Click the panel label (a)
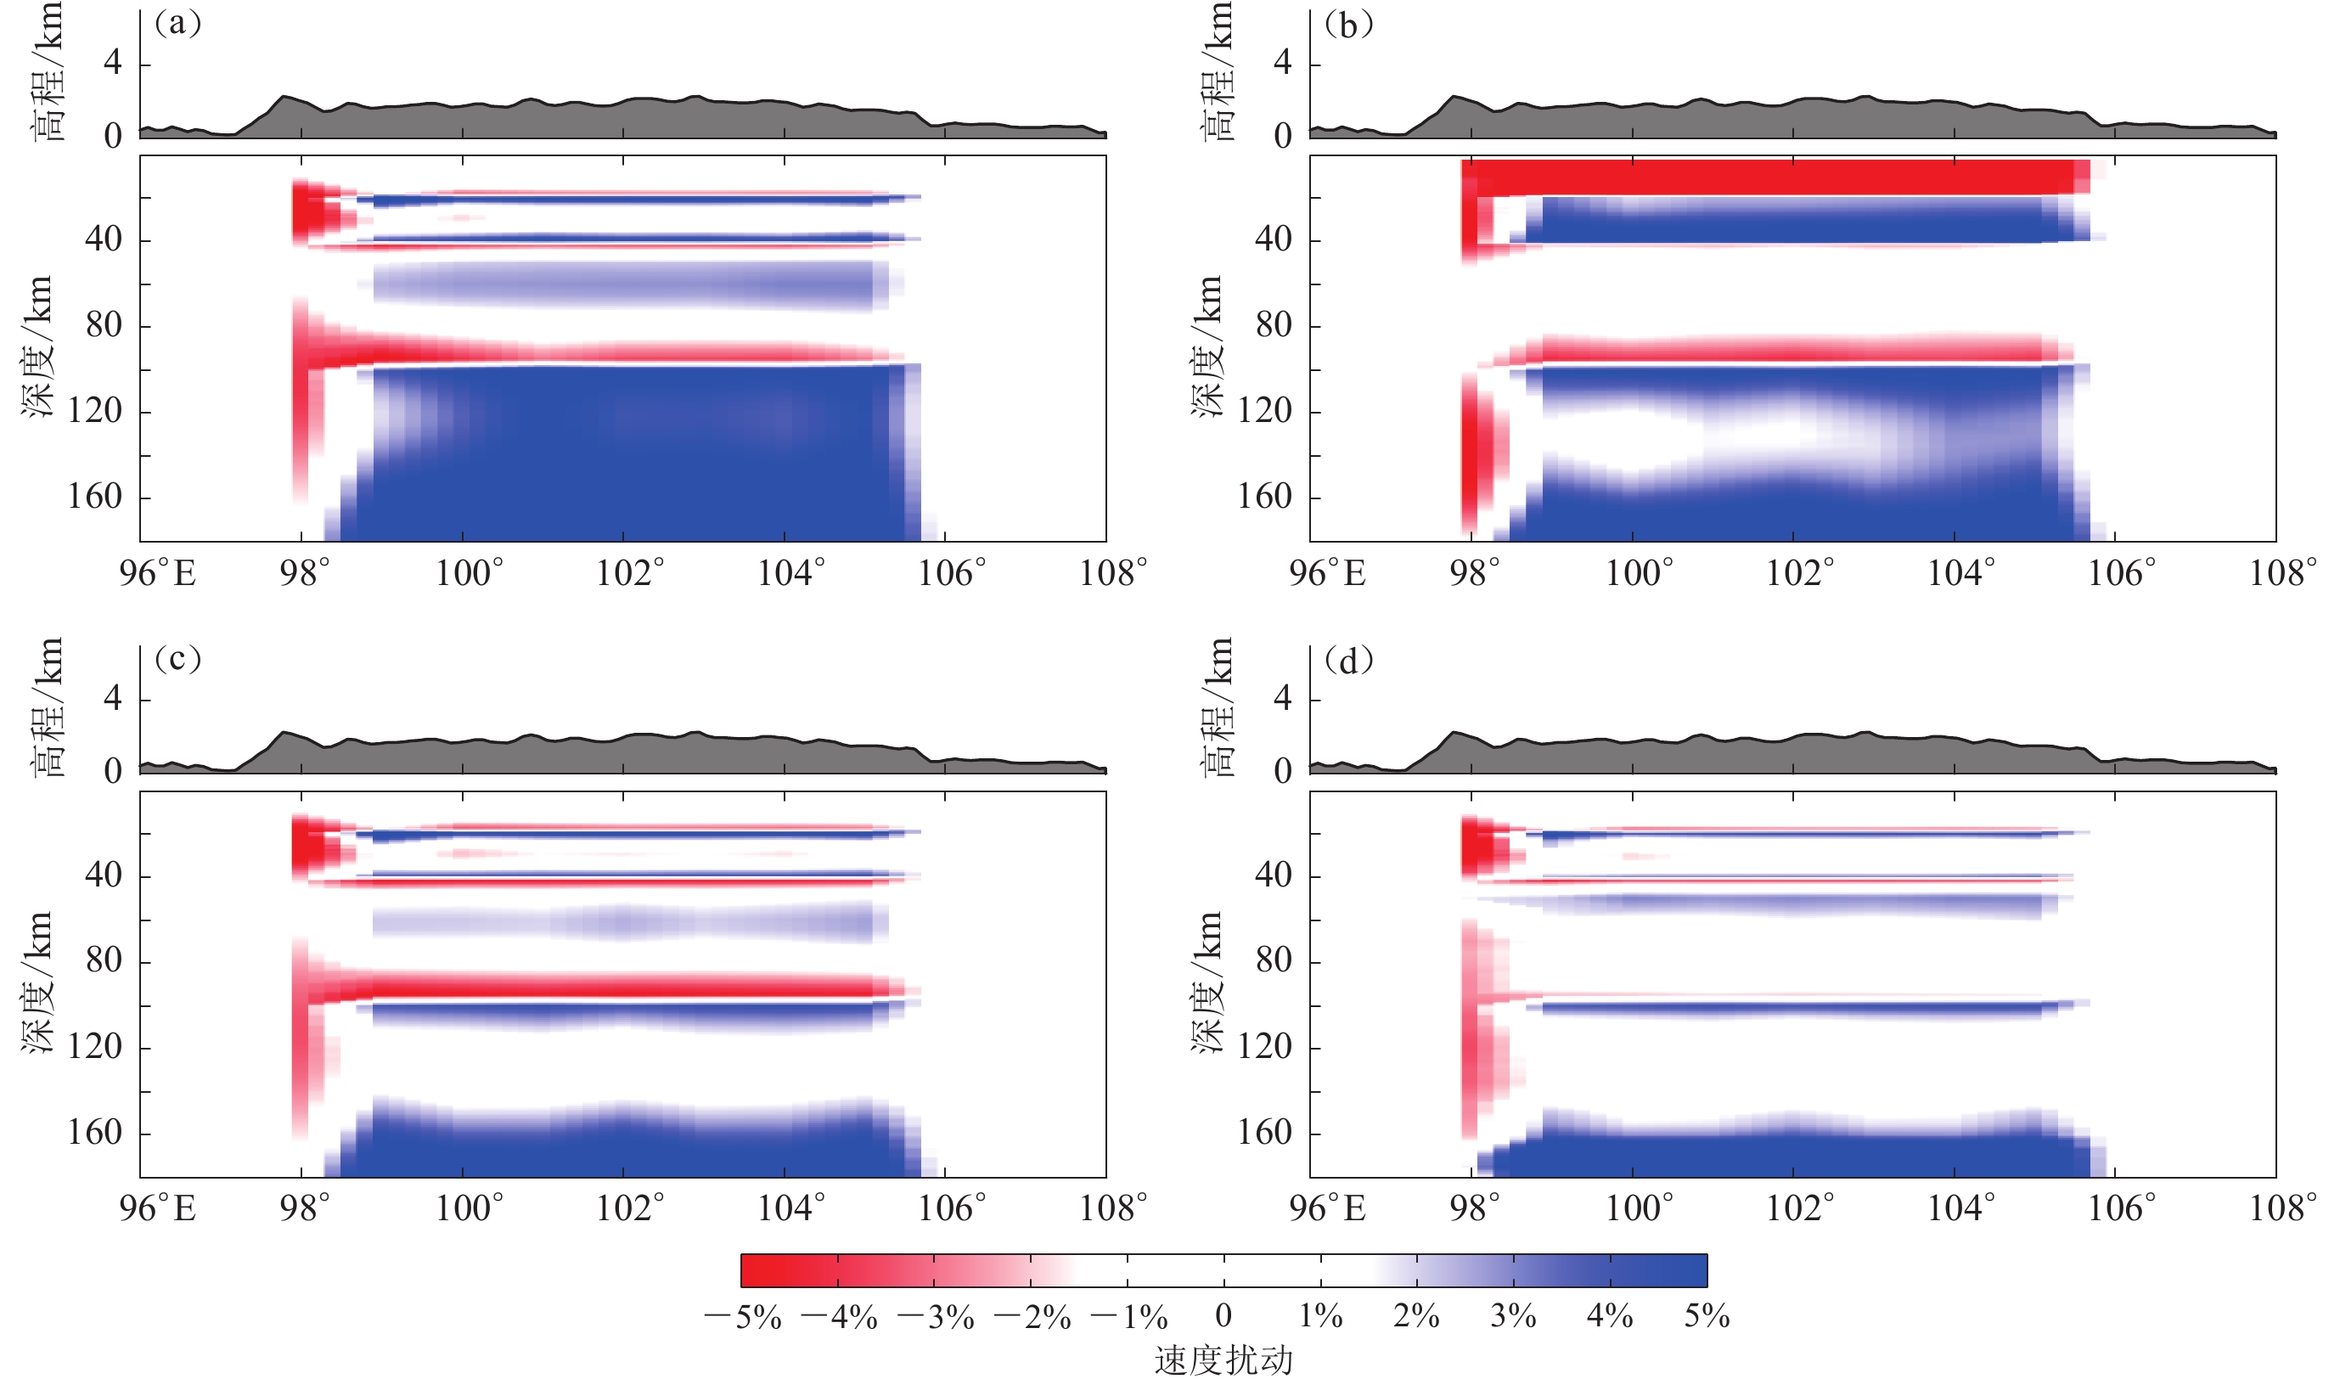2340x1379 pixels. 177,24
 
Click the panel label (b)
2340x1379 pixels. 1348,24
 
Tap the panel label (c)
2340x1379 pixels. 177,659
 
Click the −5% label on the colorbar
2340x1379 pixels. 743,1317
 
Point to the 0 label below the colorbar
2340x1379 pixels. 1223,1316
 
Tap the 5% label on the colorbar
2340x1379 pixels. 1707,1317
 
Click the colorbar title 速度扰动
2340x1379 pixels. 1223,1360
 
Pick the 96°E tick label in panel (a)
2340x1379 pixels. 158,573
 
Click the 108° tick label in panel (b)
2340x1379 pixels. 2282,573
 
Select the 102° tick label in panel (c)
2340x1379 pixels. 630,1208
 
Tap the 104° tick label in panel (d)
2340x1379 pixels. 1961,1208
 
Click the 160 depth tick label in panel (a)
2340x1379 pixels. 95,497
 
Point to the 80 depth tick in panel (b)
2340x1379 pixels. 1274,325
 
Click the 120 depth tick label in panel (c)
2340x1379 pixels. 95,1047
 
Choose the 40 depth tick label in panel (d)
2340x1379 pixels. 1274,875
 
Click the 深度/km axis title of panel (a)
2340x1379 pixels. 37,346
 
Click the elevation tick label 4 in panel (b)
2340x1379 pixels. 1283,63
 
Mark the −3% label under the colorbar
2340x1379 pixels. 937,1317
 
